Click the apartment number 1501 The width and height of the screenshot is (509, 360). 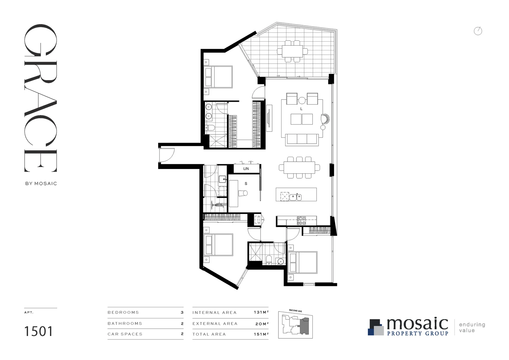click(38, 331)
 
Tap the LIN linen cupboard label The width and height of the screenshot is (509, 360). click(246, 169)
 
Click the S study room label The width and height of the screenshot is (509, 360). click(246, 184)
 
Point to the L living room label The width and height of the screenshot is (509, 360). click(301, 109)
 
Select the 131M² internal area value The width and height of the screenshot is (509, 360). click(261, 313)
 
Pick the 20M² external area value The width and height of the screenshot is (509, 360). click(261, 323)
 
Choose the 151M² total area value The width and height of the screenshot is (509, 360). click(261, 334)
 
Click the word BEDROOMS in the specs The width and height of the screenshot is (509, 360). click(123, 313)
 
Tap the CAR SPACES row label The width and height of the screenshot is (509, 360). click(125, 334)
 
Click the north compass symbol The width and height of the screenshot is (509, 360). click(478, 31)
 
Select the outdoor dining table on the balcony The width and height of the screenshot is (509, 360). click(292, 51)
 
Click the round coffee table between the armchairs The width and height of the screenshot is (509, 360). click(302, 100)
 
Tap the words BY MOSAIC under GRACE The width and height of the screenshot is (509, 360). click(41, 183)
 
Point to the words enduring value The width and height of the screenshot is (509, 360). click(472, 327)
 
